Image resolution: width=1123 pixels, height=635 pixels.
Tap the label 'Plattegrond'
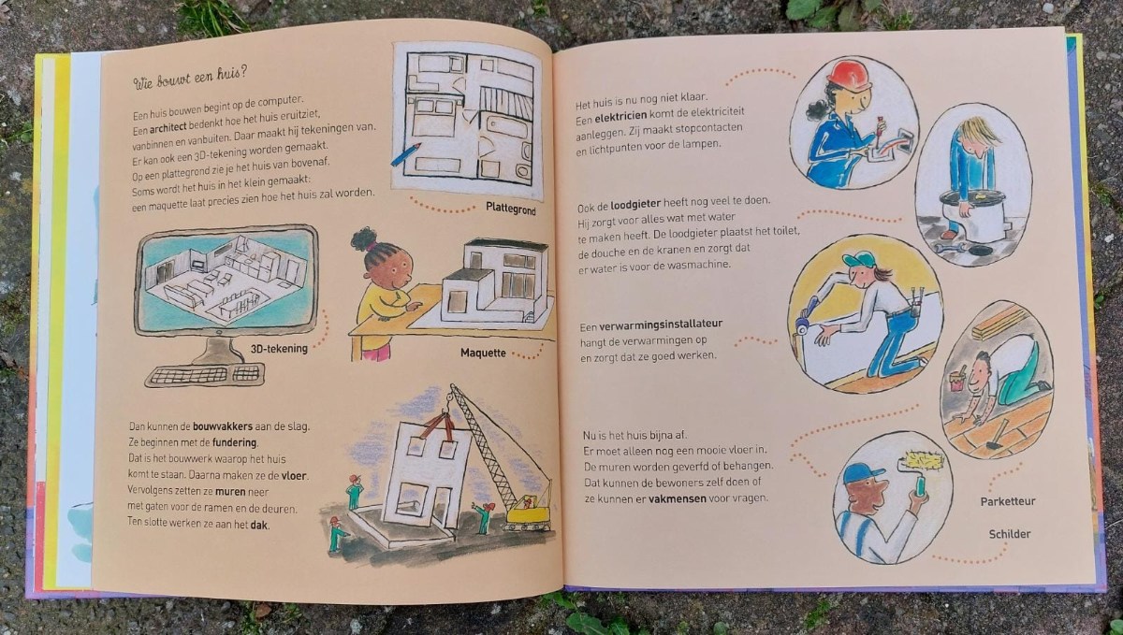(510, 209)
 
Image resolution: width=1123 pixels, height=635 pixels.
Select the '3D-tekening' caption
(279, 348)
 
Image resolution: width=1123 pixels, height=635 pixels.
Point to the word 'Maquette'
(483, 353)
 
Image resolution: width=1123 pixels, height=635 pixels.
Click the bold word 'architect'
(168, 128)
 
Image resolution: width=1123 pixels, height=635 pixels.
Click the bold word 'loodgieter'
(635, 205)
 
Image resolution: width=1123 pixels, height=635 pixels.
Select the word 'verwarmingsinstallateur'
(661, 325)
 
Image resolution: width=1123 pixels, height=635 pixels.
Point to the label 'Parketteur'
(1008, 501)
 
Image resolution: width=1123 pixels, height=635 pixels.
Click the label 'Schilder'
(1010, 534)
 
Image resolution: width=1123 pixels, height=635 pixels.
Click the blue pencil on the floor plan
(405, 154)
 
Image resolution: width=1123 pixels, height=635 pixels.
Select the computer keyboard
(205, 375)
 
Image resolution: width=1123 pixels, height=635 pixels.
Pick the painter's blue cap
(863, 473)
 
